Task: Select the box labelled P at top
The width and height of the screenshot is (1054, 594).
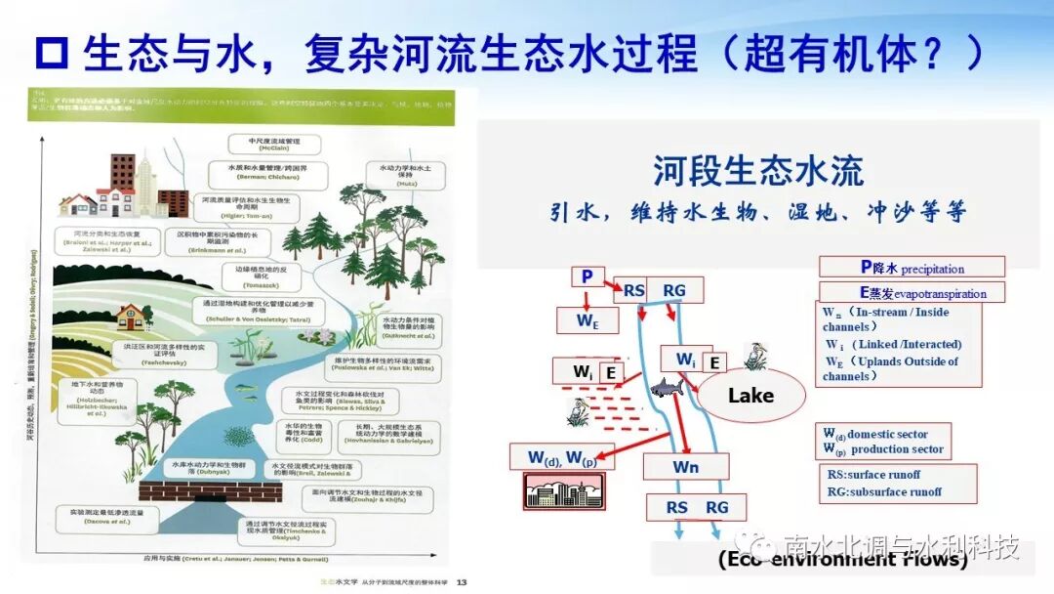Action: click(587, 276)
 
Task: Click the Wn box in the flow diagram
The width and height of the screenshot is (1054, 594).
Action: click(685, 467)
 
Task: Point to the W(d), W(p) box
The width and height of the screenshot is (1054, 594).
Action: click(563, 456)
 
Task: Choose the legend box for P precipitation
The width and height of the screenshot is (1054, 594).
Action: click(912, 268)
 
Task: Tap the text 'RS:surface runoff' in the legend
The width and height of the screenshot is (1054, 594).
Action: click(880, 475)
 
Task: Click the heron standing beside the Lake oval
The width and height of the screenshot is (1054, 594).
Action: click(752, 356)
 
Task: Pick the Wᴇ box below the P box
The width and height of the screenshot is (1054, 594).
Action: click(587, 318)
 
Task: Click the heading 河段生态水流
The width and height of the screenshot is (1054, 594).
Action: click(758, 172)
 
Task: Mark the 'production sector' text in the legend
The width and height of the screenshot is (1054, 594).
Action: click(897, 449)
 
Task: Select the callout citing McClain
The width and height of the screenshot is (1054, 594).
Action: click(277, 144)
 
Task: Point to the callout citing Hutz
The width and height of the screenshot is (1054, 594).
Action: click(405, 174)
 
